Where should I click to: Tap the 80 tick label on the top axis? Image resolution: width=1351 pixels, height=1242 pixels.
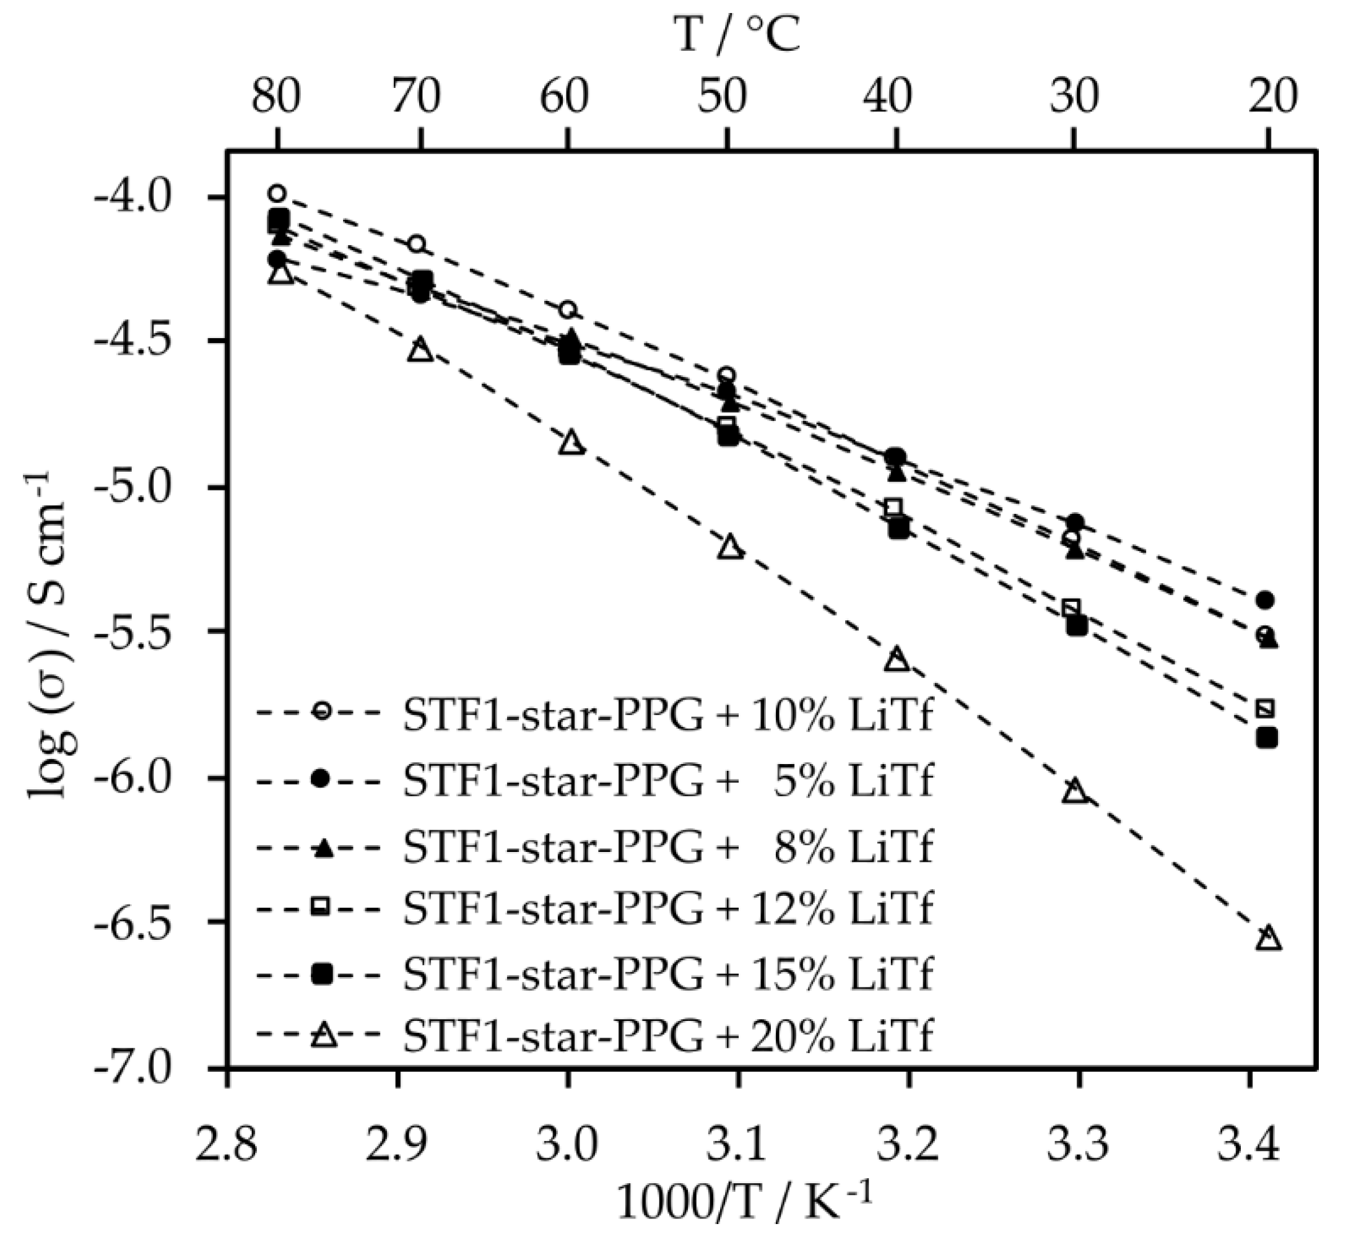(276, 97)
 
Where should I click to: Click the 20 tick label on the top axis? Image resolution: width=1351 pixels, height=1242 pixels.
(1272, 97)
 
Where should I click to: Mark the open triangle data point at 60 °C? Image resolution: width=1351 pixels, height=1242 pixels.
(571, 443)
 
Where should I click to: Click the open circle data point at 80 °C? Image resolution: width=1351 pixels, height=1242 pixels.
(277, 194)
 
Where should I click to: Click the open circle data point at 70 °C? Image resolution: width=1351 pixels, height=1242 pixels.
(417, 243)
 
